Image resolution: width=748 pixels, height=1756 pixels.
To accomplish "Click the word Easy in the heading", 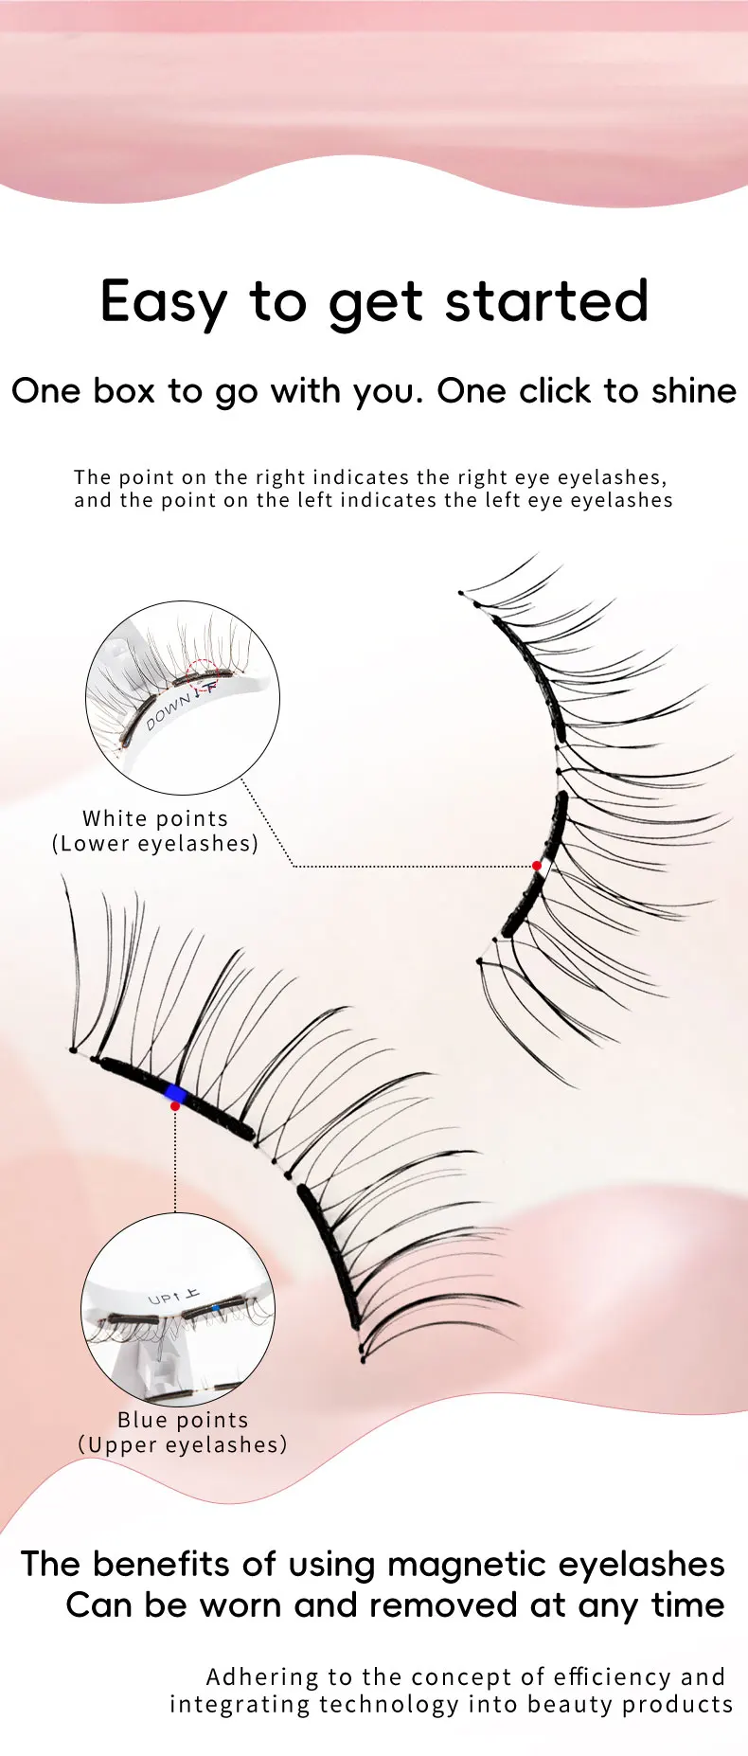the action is point(163,303).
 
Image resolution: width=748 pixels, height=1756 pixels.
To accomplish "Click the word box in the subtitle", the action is point(123,391).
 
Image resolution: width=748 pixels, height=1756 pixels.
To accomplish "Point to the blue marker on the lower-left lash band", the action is point(175,1094).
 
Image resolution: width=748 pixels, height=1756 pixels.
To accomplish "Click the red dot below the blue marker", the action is point(175,1106).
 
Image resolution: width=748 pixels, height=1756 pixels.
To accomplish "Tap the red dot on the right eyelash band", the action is point(537,866).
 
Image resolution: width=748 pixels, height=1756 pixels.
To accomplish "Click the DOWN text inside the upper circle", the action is point(168,709).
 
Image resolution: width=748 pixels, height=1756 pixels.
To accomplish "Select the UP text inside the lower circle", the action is point(163,1298).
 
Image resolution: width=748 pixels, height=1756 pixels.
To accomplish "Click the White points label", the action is point(155,818).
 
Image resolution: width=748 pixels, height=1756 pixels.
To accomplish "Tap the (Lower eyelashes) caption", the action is point(155,843).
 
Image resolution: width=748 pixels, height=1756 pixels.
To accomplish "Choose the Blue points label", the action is point(183,1420).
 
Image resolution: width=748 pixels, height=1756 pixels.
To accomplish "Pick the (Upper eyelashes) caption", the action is point(183,1444).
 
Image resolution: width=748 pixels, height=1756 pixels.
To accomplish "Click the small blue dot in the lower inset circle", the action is point(216,1308).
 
